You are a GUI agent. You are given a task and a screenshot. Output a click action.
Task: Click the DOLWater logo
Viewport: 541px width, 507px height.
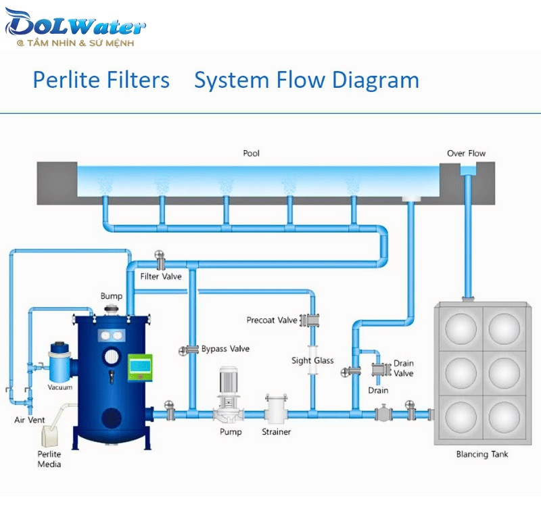(x=74, y=27)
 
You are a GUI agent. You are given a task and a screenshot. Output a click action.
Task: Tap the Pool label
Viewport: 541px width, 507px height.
(x=251, y=153)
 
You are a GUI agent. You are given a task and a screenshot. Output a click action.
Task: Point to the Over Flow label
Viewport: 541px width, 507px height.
(x=466, y=153)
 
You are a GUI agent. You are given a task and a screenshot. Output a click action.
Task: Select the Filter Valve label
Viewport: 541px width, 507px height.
(x=161, y=276)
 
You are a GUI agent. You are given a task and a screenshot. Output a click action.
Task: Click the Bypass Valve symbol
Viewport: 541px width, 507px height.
(x=184, y=349)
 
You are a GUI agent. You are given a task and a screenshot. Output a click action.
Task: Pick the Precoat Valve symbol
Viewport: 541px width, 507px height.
(x=313, y=320)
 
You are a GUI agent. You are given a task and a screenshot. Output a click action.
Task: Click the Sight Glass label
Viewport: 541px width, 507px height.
(x=312, y=360)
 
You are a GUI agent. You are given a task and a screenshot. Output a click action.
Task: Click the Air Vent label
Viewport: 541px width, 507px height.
(x=30, y=420)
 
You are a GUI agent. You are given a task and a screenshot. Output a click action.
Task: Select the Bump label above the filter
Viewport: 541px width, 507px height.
(x=112, y=296)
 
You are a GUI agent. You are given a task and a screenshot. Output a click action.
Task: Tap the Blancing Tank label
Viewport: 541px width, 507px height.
(x=481, y=454)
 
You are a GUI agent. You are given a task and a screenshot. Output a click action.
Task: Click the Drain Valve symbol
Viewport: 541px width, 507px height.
(x=379, y=370)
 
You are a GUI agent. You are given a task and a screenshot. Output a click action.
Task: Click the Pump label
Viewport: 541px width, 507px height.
(x=231, y=431)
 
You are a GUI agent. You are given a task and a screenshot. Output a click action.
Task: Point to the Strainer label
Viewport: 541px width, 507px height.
(x=277, y=431)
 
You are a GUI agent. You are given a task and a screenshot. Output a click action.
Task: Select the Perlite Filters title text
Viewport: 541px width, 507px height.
(x=101, y=80)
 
